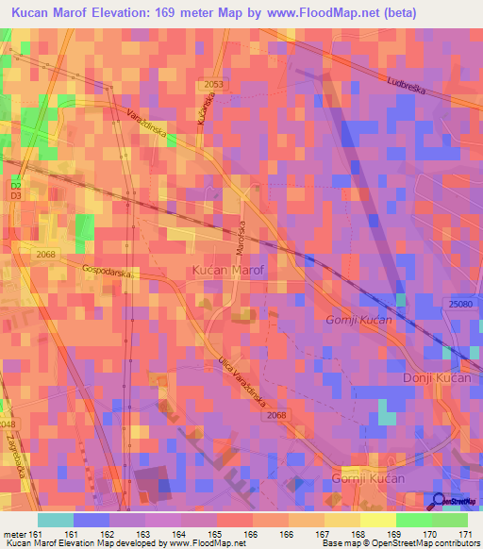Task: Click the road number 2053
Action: click(213, 84)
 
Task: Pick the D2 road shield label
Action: click(15, 186)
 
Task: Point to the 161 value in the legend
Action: click(38, 535)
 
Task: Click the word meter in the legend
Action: click(13, 535)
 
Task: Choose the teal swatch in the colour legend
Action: click(56, 520)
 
